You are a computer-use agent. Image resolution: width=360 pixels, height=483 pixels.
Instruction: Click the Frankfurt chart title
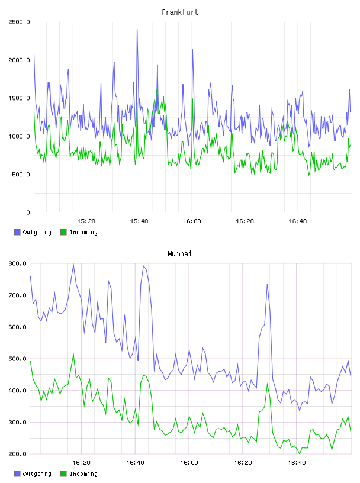pyautogui.click(x=180, y=12)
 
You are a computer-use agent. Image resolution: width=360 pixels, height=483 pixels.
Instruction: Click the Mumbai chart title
pyautogui.click(x=179, y=253)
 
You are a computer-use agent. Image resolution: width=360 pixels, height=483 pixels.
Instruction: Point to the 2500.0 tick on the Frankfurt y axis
pyautogui.click(x=19, y=22)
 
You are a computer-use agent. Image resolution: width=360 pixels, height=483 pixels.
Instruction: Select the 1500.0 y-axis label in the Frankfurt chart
pyautogui.click(x=19, y=98)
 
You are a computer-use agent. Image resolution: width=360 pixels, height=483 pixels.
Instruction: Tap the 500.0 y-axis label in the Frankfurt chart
pyautogui.click(x=21, y=175)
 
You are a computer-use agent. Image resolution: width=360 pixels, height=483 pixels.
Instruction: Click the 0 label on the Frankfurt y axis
pyautogui.click(x=28, y=212)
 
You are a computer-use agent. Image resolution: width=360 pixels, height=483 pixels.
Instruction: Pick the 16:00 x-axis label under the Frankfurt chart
pyautogui.click(x=192, y=221)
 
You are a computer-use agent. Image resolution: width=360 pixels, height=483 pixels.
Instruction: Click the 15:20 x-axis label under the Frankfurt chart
pyautogui.click(x=86, y=221)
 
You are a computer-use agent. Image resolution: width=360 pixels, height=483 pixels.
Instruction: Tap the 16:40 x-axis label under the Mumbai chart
pyautogui.click(x=297, y=463)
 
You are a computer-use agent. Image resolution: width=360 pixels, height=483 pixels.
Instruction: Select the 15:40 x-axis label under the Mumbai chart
pyautogui.click(x=135, y=463)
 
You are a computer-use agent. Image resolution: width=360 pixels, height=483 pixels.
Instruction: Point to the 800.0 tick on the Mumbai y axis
pyautogui.click(x=17, y=263)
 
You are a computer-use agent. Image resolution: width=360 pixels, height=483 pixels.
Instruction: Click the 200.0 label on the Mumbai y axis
pyautogui.click(x=17, y=454)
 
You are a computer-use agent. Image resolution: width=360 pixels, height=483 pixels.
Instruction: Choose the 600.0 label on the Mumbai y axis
pyautogui.click(x=17, y=327)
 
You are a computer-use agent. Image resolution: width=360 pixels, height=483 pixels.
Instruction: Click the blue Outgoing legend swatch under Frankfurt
pyautogui.click(x=17, y=232)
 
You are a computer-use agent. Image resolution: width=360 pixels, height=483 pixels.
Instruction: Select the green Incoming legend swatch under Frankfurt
pyautogui.click(x=63, y=232)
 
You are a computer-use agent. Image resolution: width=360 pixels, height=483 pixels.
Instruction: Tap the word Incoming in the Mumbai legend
pyautogui.click(x=83, y=474)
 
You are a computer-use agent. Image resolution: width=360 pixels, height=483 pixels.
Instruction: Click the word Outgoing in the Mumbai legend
pyautogui.click(x=37, y=474)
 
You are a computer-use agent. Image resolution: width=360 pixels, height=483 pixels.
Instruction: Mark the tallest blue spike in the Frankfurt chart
pyautogui.click(x=137, y=30)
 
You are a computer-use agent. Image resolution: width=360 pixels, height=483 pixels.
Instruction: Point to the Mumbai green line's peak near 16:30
pyautogui.click(x=267, y=384)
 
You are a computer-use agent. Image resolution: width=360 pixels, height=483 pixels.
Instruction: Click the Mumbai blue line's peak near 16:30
pyautogui.click(x=267, y=284)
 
